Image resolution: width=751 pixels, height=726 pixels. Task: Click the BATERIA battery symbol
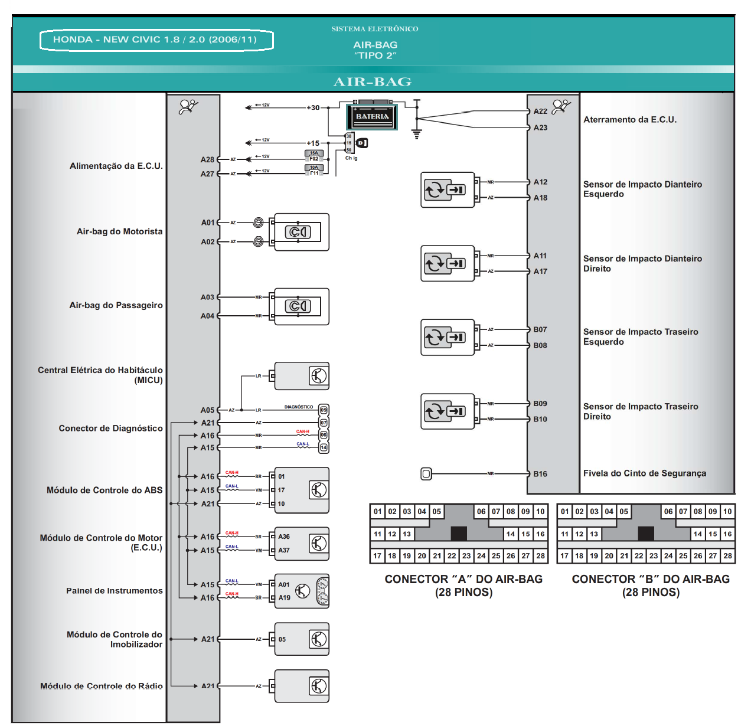371,116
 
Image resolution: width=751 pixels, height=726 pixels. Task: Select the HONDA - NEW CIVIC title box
156,40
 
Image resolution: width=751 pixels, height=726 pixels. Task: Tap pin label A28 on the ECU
207,159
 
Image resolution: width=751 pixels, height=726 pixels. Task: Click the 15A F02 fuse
314,156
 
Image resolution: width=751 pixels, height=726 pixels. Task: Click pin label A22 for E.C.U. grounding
540,112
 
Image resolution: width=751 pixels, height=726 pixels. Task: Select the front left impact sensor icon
447,190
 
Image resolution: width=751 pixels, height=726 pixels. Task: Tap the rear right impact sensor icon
447,411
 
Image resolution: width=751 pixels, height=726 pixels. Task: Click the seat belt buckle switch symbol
426,473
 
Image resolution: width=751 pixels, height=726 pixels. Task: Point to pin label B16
540,474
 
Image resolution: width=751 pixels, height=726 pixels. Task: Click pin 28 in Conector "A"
540,555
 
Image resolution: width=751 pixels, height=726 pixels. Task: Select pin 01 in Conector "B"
565,511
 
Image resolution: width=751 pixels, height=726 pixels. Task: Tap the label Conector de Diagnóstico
110,429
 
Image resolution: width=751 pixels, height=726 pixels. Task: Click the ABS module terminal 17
282,490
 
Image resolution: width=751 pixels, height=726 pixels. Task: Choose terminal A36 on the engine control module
284,537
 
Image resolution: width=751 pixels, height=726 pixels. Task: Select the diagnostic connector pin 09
324,410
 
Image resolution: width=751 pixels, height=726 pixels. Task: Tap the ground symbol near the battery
417,134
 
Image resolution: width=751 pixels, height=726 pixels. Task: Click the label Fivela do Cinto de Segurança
645,473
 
